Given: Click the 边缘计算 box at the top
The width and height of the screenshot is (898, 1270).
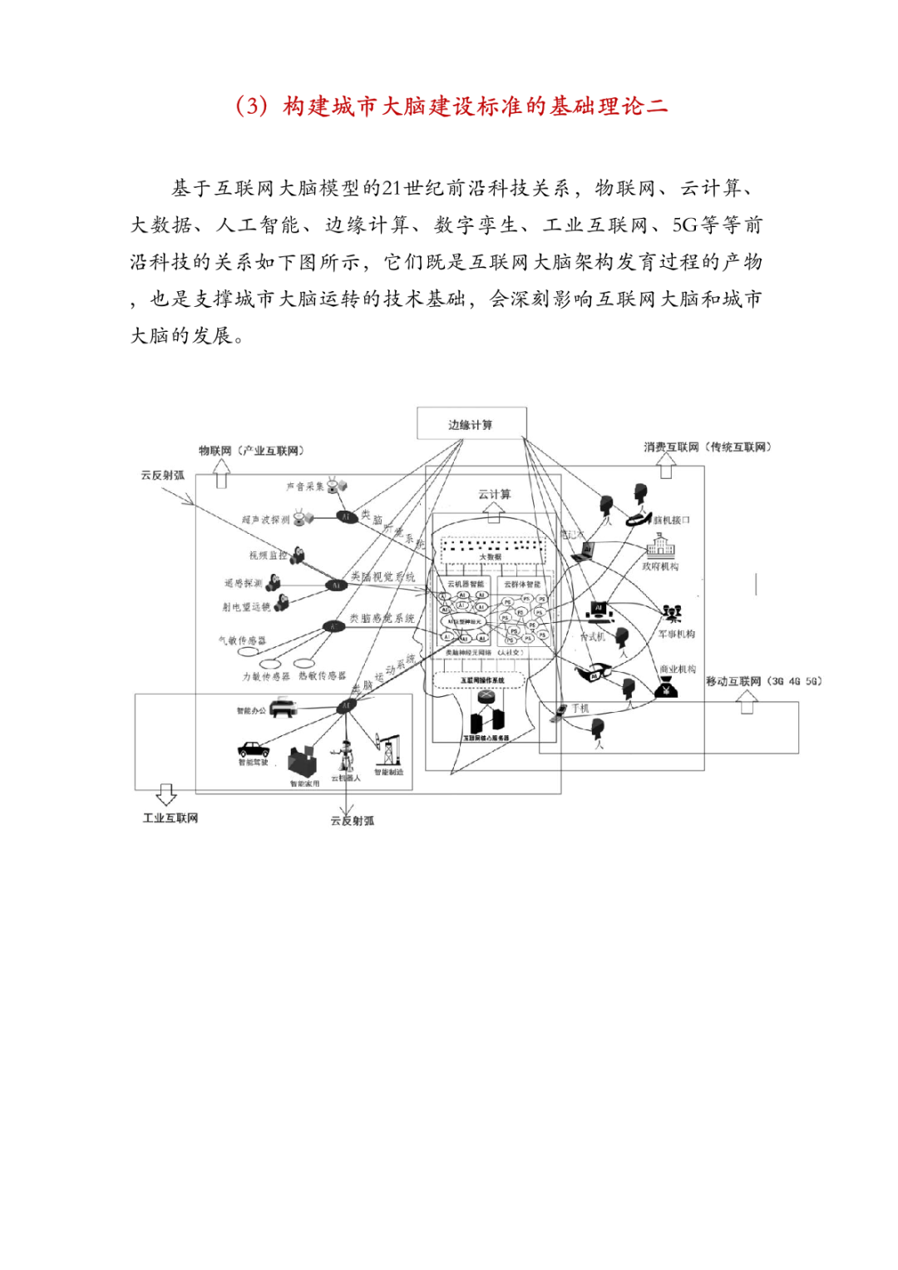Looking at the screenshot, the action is pyautogui.click(x=471, y=423).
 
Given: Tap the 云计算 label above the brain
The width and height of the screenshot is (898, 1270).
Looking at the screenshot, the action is pyautogui.click(x=494, y=494).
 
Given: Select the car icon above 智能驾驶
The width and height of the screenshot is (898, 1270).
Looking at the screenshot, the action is pyautogui.click(x=253, y=748).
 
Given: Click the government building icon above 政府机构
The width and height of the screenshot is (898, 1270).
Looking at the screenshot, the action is pyautogui.click(x=660, y=546).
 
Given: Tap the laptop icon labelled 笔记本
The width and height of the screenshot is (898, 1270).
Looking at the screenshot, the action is pyautogui.click(x=587, y=550).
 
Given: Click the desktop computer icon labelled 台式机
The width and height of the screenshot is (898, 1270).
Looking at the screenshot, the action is pyautogui.click(x=599, y=613).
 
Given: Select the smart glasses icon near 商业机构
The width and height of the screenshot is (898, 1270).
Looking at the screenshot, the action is pyautogui.click(x=592, y=671).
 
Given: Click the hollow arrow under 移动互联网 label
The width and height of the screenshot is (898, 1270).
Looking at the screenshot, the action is pyautogui.click(x=747, y=704).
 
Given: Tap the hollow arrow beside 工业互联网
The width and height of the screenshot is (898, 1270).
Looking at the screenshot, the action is pyautogui.click(x=166, y=794).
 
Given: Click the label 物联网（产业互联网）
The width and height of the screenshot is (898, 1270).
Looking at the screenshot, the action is pyautogui.click(x=251, y=451).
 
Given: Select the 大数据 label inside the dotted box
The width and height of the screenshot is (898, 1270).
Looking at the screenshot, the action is pyautogui.click(x=491, y=556).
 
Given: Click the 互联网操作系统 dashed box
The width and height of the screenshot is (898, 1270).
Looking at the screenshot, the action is pyautogui.click(x=481, y=681).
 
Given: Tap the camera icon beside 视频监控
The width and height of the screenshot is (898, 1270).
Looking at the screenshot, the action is pyautogui.click(x=297, y=554).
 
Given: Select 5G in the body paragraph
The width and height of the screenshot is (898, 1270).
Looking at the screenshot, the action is pyautogui.click(x=685, y=225).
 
